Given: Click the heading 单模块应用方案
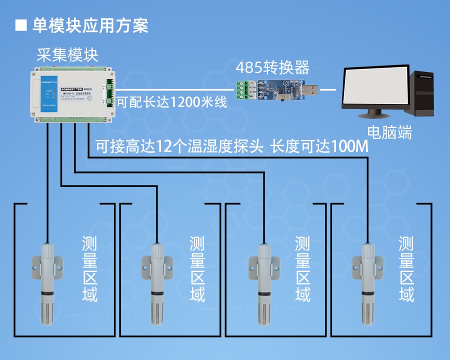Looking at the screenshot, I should (90, 25).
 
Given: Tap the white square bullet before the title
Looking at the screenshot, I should (21, 25).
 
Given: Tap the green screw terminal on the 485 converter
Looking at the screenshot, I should (242, 90).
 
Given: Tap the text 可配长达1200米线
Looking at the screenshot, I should (172, 102).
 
